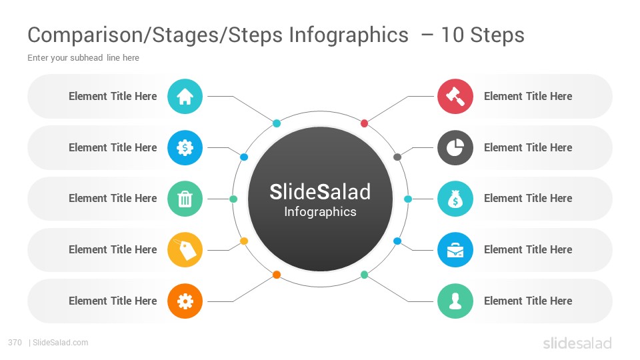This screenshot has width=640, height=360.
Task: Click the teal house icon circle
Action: pyautogui.click(x=185, y=96)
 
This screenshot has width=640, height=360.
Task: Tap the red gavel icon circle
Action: pyautogui.click(x=455, y=96)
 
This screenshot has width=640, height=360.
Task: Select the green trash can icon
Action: pyautogui.click(x=185, y=199)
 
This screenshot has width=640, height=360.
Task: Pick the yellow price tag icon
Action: pyautogui.click(x=185, y=250)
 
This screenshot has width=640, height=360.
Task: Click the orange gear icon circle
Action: pyautogui.click(x=185, y=301)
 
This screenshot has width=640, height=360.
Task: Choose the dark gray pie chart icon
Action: pyautogui.click(x=455, y=148)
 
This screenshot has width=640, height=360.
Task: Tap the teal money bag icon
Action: pyautogui.click(x=455, y=199)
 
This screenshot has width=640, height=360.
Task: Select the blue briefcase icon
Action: pyautogui.click(x=455, y=250)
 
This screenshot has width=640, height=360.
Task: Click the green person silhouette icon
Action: pyautogui.click(x=455, y=301)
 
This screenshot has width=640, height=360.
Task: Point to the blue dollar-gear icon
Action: pyautogui.click(x=185, y=148)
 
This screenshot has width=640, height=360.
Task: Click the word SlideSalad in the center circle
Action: pyautogui.click(x=320, y=192)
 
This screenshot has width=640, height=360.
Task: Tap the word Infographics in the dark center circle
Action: pyautogui.click(x=320, y=212)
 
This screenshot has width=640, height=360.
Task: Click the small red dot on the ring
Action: pyautogui.click(x=365, y=123)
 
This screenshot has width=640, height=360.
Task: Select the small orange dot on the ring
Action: pyautogui.click(x=276, y=275)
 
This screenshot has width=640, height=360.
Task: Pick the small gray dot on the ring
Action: pyautogui.click(x=397, y=157)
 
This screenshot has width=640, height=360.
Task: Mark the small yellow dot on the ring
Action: pyautogui.click(x=244, y=241)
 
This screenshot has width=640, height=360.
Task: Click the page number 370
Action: pyautogui.click(x=15, y=343)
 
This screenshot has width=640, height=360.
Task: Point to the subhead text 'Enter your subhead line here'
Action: pyautogui.click(x=83, y=58)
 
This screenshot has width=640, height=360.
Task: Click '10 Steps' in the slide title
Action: pyautogui.click(x=483, y=35)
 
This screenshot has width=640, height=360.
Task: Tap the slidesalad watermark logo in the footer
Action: pyautogui.click(x=577, y=343)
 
